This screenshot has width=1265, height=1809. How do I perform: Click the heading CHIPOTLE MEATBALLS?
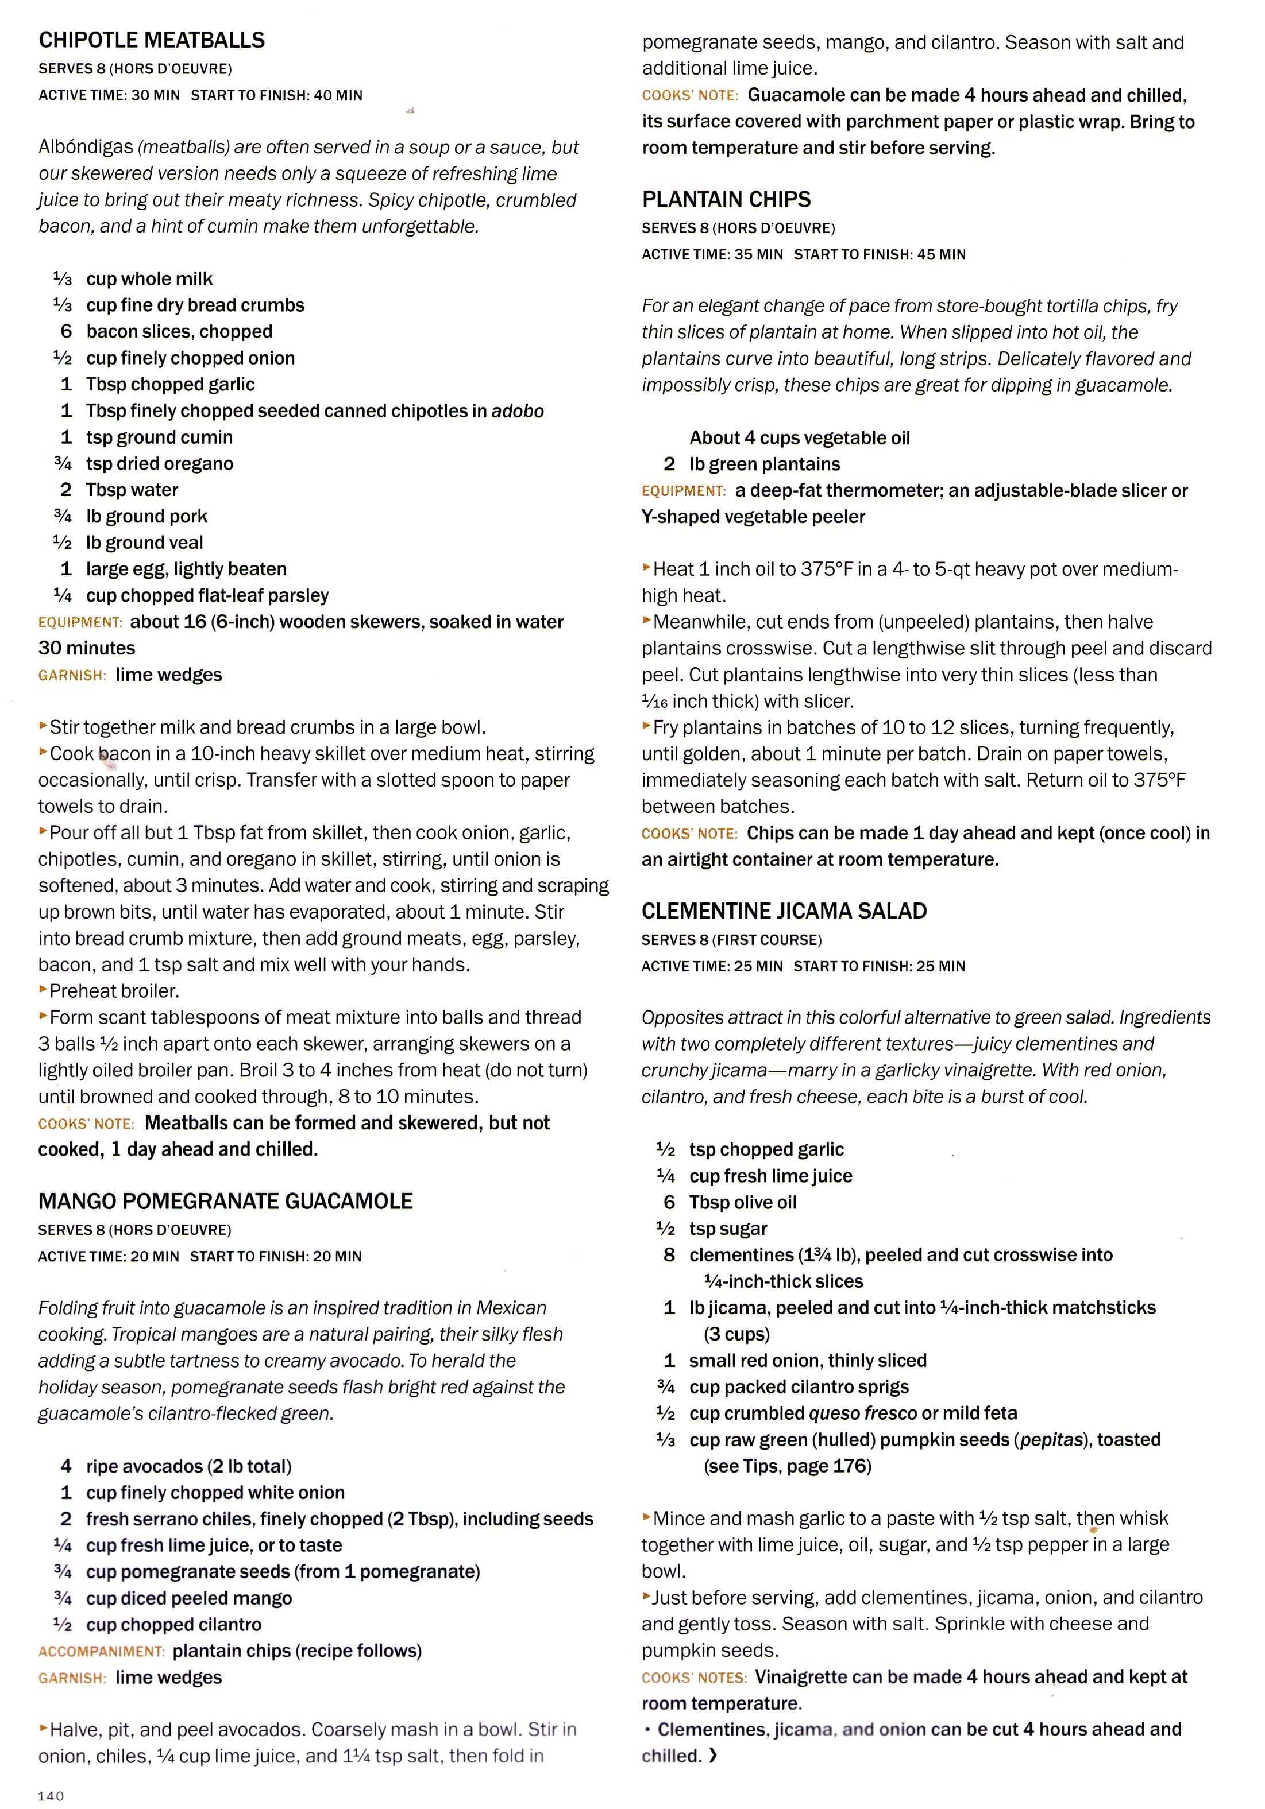coord(151,40)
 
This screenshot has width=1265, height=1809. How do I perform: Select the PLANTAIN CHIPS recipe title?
coord(726,199)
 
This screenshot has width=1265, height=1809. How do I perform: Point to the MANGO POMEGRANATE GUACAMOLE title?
coord(225,1201)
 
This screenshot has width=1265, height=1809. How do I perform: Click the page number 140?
coord(51,1796)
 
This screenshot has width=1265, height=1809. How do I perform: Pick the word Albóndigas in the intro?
coord(85,148)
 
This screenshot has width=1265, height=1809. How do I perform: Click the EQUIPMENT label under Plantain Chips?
coord(683,491)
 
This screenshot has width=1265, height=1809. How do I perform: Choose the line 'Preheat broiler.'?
coord(114,991)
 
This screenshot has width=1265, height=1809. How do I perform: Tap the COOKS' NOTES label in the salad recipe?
coord(693,1678)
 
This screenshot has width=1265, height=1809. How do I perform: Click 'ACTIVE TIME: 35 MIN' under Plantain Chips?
coord(712,254)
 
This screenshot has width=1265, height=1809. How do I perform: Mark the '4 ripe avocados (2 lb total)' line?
coord(176,1466)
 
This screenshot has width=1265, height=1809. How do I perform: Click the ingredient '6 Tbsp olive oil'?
coord(730,1202)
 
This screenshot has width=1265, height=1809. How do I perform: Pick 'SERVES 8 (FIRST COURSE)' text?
coord(731,940)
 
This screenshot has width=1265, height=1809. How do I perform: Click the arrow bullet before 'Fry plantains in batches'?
coord(646,726)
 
